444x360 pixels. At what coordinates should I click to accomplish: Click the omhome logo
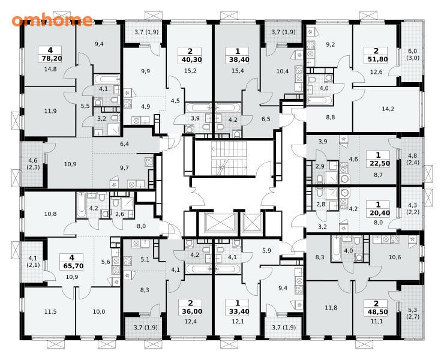pos(52,20)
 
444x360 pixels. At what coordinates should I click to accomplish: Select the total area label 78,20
pos(50,59)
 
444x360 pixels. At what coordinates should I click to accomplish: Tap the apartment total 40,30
pos(190,59)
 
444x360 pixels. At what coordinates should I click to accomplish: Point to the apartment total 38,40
pos(237,59)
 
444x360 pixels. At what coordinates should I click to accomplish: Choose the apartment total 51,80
pos(376,59)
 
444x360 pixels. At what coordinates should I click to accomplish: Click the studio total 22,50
pos(379,163)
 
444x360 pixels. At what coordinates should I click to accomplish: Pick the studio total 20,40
pos(379,213)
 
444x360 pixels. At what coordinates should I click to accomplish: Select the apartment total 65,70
pos(71,266)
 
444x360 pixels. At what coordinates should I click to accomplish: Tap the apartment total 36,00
pos(190,311)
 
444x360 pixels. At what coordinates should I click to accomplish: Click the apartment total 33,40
pos(237,311)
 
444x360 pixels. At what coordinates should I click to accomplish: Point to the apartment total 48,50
pos(376,312)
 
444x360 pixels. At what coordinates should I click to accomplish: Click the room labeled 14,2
pos(388,109)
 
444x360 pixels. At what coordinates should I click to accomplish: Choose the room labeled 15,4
pos(238,71)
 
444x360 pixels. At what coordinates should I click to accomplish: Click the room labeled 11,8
pos(331,308)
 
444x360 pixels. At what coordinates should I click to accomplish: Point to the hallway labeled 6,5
pos(266,119)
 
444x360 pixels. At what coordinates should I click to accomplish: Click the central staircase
pos(229,158)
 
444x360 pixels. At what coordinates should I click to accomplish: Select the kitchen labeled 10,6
pos(395,257)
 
